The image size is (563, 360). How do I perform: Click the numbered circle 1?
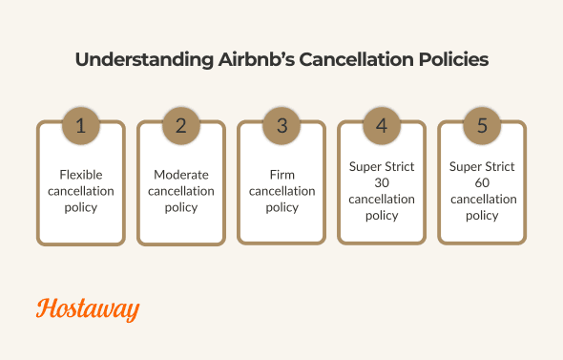pyautogui.click(x=80, y=125)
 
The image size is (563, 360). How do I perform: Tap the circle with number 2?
pyautogui.click(x=181, y=125)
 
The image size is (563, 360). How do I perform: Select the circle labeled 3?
pyautogui.click(x=281, y=125)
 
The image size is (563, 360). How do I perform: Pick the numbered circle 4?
pyautogui.click(x=382, y=125)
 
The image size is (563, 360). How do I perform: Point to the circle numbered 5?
pyautogui.click(x=482, y=125)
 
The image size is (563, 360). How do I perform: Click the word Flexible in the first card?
pyautogui.click(x=80, y=175)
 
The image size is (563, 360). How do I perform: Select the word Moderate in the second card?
pyautogui.click(x=181, y=175)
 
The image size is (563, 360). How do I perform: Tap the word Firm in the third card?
pyautogui.click(x=281, y=175)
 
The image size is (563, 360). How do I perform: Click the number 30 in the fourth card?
pyautogui.click(x=382, y=182)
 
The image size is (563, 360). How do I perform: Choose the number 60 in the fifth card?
pyautogui.click(x=482, y=182)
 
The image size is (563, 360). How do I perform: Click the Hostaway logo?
pyautogui.click(x=88, y=309)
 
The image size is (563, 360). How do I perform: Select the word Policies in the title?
pyautogui.click(x=450, y=59)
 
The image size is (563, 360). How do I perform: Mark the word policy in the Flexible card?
pyautogui.click(x=80, y=207)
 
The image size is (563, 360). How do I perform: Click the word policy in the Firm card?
pyautogui.click(x=281, y=207)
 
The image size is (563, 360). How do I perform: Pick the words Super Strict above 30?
pyautogui.click(x=382, y=166)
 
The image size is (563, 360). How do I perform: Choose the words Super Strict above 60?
pyautogui.click(x=482, y=166)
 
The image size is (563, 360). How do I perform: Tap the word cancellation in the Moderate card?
pyautogui.click(x=181, y=191)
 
